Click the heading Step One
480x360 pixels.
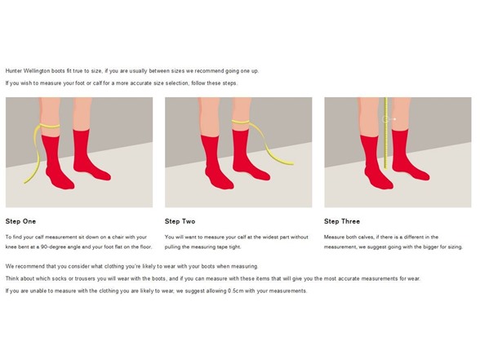pyautogui.click(x=20, y=221)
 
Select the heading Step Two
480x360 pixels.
pyautogui.click(x=180, y=221)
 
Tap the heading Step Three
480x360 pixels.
pyautogui.click(x=342, y=221)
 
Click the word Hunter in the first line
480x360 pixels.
pyautogui.click(x=13, y=71)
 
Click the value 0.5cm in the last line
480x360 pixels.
pyautogui.click(x=236, y=291)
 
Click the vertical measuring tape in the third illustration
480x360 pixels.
pyautogui.click(x=386, y=133)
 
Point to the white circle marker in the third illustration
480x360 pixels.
pyautogui.click(x=385, y=119)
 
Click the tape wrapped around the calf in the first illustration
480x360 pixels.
pyautogui.click(x=50, y=126)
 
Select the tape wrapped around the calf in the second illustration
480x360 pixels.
pyautogui.click(x=241, y=122)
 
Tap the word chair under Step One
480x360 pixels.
pyautogui.click(x=118, y=237)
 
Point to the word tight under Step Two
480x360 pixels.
pyautogui.click(x=235, y=247)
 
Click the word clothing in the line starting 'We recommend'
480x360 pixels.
pyautogui.click(x=114, y=266)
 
